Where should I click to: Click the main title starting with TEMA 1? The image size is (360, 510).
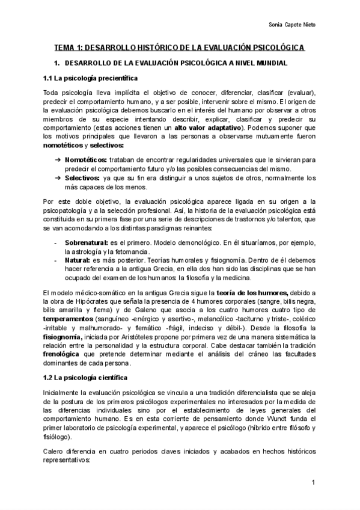[x=180, y=47]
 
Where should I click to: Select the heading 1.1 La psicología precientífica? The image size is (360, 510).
[x=90, y=78]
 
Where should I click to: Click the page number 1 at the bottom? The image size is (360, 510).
[x=313, y=483]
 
